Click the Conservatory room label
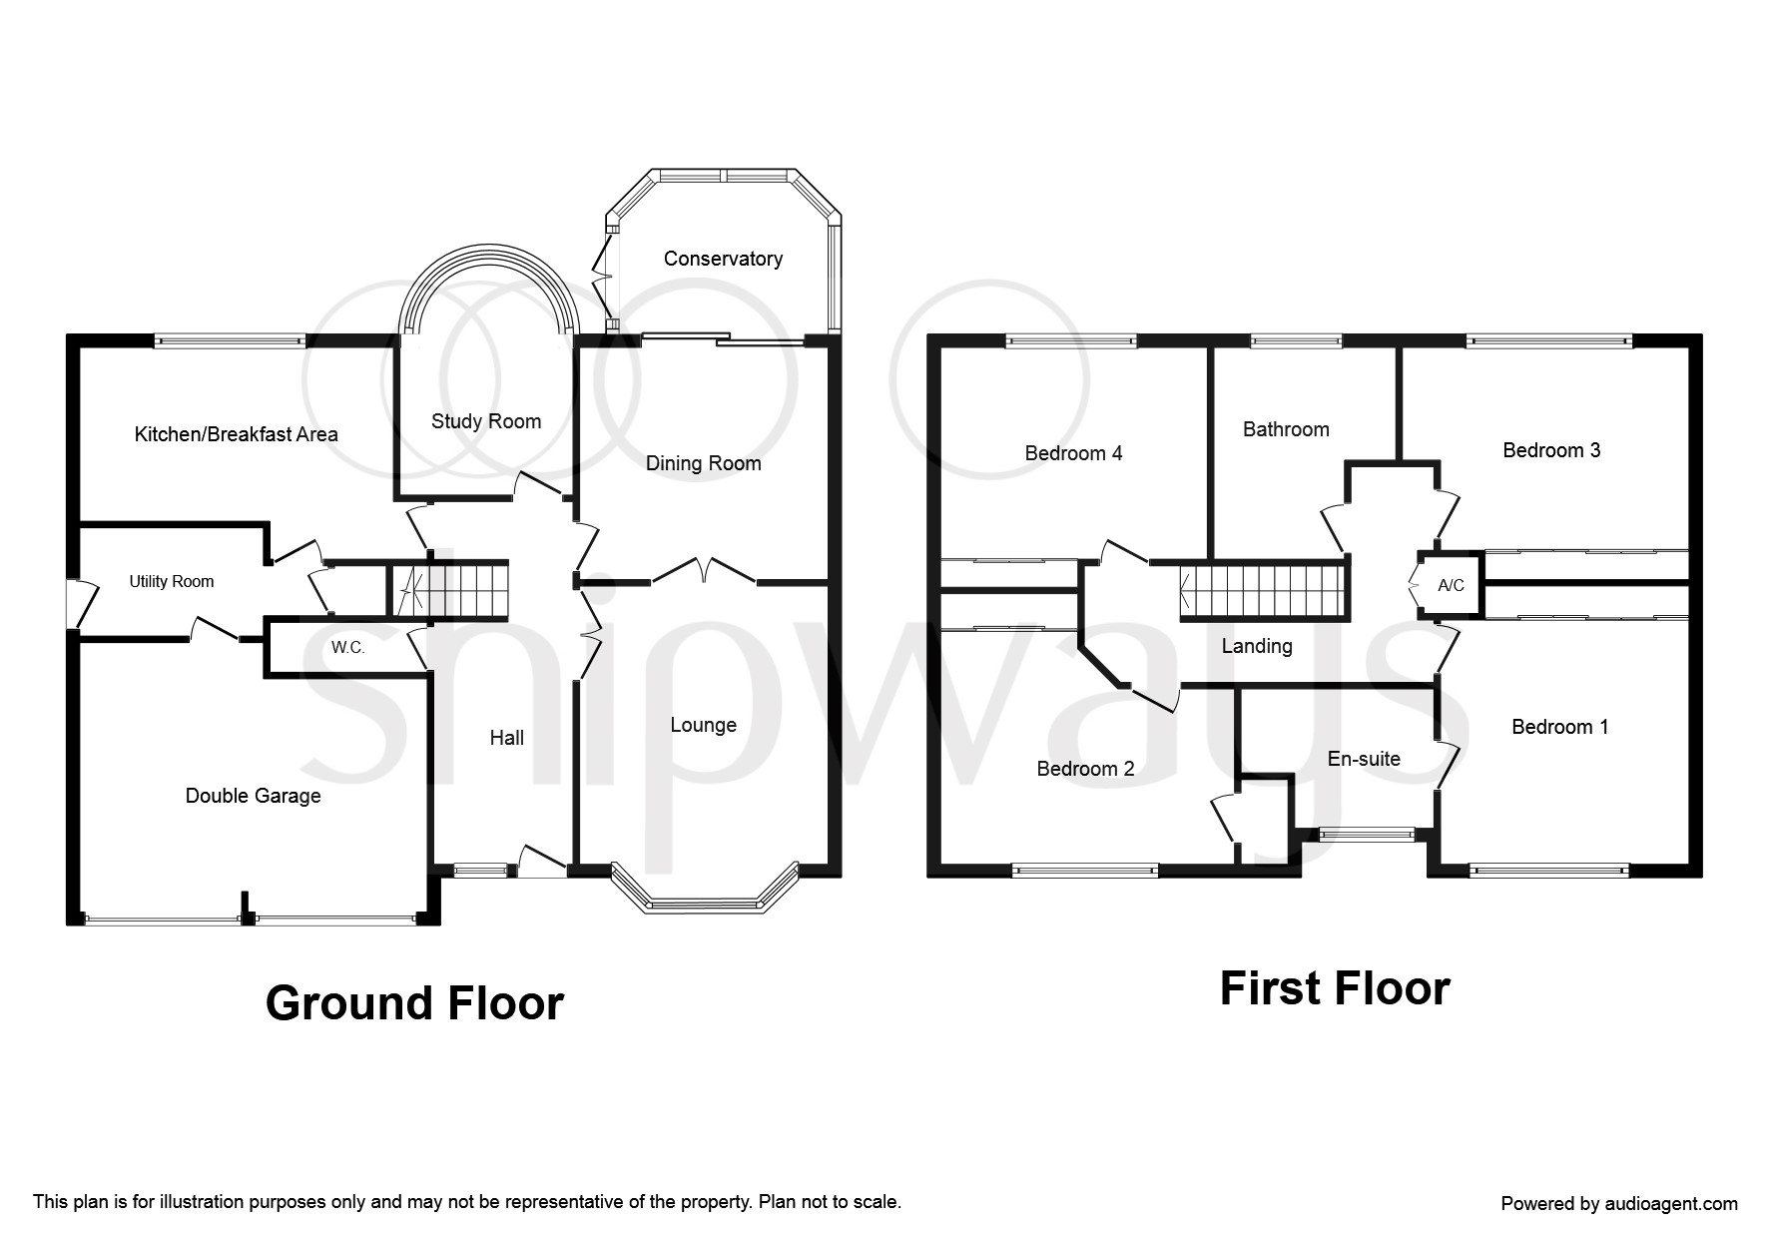point(723,259)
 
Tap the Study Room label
point(486,421)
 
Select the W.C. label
point(348,648)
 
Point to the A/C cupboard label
point(1451,585)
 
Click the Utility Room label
point(172,581)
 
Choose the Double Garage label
point(254,796)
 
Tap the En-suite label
point(1364,759)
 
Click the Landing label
point(1257,646)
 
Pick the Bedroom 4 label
point(1073,453)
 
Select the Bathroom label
point(1286,429)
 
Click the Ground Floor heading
point(414,1003)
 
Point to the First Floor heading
point(1335,988)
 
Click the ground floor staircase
point(448,589)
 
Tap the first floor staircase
point(1264,588)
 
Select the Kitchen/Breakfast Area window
point(230,340)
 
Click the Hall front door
point(541,861)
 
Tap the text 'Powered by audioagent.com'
point(1619,1204)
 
